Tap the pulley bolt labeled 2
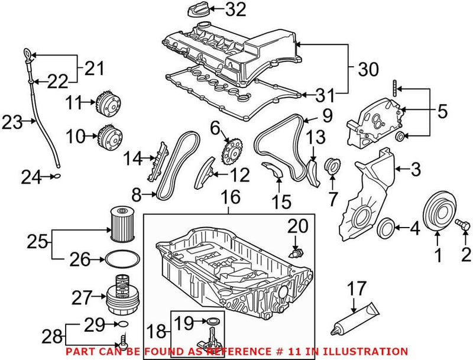click(x=462, y=225)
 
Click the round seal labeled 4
click(x=385, y=227)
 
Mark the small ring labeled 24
click(x=56, y=176)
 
